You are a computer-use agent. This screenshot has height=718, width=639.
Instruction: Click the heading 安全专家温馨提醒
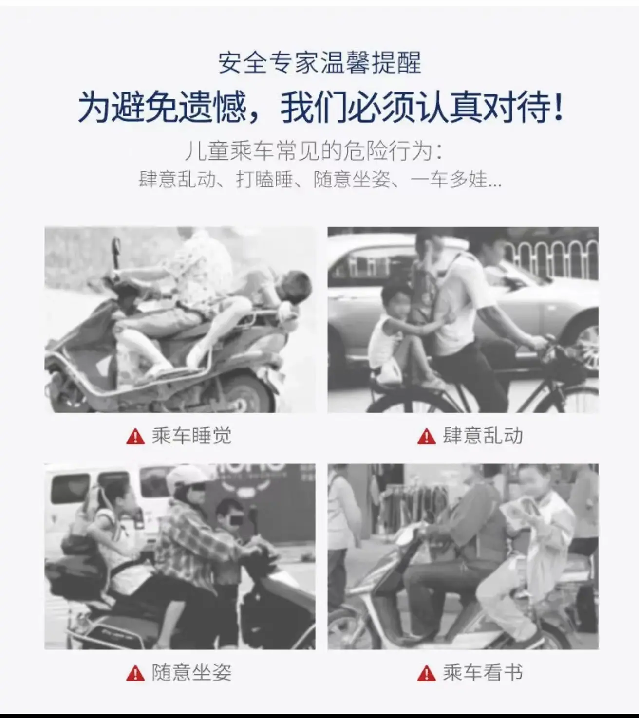click(319, 62)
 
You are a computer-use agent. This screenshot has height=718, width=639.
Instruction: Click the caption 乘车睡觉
click(191, 436)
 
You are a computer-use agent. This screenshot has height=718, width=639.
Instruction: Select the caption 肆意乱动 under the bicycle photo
click(483, 436)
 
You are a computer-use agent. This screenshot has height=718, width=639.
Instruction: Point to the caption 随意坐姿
click(191, 672)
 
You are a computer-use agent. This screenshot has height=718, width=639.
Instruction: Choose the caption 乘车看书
click(483, 672)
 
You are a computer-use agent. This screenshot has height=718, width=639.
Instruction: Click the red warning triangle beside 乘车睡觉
click(135, 437)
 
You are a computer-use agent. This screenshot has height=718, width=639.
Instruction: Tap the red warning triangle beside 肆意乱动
click(427, 437)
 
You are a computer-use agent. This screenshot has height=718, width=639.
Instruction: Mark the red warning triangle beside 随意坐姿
click(135, 673)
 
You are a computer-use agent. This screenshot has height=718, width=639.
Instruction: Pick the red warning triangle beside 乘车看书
click(427, 673)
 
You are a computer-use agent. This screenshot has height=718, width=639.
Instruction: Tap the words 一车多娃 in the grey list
click(449, 179)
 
